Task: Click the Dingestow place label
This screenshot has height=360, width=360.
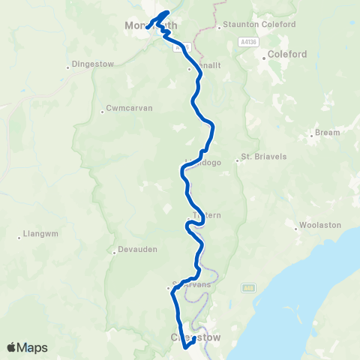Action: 93,64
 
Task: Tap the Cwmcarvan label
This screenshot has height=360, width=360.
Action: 129,108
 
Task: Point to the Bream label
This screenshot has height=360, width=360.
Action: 327,132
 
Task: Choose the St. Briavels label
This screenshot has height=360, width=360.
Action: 260,157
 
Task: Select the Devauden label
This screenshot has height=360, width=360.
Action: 135,250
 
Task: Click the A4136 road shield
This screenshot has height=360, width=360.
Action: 250,43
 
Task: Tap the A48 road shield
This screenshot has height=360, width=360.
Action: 248,287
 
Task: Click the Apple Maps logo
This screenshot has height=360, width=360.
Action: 27,347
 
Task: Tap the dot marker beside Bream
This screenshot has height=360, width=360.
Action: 311,136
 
